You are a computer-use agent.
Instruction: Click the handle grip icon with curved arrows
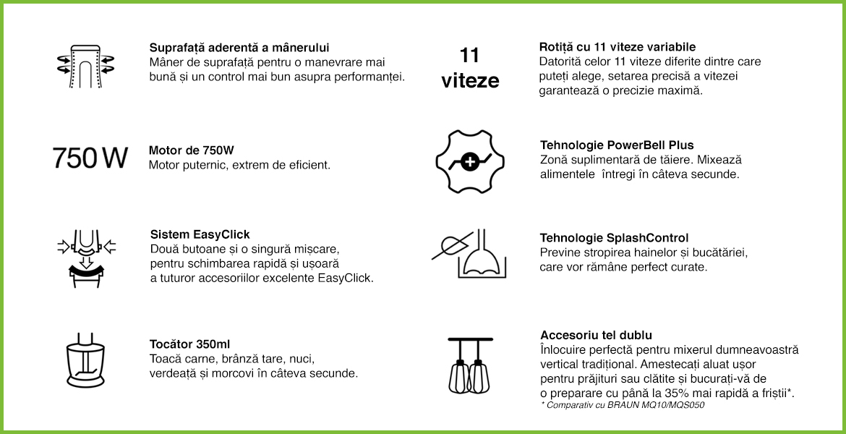(85, 66)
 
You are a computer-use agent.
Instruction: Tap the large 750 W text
(90, 158)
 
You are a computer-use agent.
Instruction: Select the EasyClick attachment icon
(86, 258)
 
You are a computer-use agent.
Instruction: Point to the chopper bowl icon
(85, 360)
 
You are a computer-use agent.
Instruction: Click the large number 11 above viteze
(469, 55)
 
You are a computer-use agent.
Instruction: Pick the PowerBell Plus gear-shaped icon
(470, 161)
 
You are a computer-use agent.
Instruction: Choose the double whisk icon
(469, 365)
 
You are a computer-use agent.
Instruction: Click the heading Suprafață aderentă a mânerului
(239, 48)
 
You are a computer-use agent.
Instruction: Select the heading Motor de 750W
(192, 150)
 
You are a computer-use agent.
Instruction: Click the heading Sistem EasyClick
(200, 234)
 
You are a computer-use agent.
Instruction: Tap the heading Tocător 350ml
(190, 344)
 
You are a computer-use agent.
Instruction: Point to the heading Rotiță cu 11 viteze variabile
(618, 47)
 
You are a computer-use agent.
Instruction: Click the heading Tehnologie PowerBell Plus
(617, 145)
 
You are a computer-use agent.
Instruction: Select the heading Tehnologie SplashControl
(614, 238)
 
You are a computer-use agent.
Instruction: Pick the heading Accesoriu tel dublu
(597, 335)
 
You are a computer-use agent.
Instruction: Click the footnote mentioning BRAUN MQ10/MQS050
(622, 405)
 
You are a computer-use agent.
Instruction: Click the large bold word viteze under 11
(470, 81)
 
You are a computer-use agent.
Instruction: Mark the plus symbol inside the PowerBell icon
(470, 161)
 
